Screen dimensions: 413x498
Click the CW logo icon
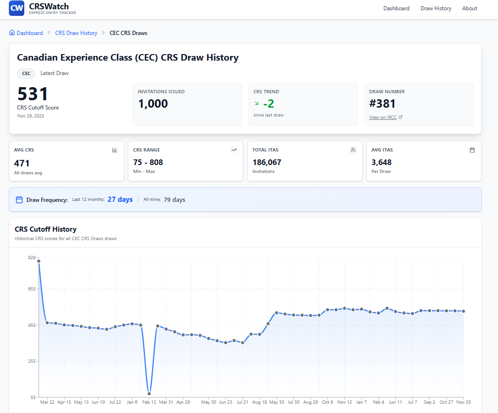click(x=16, y=8)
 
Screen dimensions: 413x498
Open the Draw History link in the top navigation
click(x=435, y=8)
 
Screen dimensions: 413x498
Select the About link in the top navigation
click(x=470, y=8)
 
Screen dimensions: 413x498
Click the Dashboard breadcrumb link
click(x=29, y=33)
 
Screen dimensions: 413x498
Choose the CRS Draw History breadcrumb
click(x=76, y=33)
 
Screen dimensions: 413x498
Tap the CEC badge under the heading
click(x=26, y=73)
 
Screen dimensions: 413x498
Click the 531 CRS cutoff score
click(x=33, y=94)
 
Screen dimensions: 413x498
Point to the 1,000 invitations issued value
click(x=153, y=103)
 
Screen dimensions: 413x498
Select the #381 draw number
click(x=382, y=103)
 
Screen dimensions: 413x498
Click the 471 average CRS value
click(x=22, y=163)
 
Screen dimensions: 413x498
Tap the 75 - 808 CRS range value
click(x=148, y=162)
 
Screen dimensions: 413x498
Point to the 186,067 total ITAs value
click(x=267, y=162)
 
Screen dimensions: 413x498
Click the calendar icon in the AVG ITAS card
click(x=472, y=150)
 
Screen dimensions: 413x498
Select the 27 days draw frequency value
click(x=120, y=200)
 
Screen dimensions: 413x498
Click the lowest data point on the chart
click(x=149, y=394)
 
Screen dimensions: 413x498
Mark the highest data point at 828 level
click(x=39, y=261)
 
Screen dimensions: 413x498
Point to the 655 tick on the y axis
click(x=31, y=289)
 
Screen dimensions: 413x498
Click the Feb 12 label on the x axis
click(x=149, y=402)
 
